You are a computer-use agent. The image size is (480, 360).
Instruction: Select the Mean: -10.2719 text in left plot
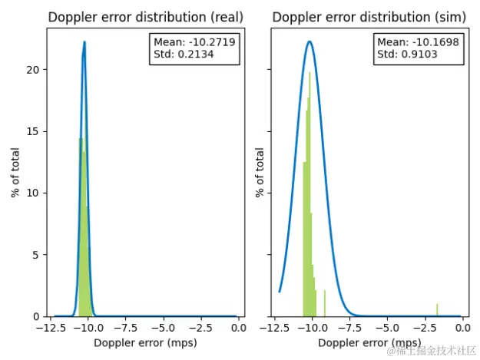pos(194,42)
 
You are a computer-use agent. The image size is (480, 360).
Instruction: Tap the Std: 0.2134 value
pos(184,54)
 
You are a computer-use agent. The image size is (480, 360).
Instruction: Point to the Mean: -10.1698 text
pos(418,42)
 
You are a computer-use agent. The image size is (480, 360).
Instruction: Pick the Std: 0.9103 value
pos(408,54)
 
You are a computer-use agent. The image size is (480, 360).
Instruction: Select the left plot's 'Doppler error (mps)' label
pos(144,342)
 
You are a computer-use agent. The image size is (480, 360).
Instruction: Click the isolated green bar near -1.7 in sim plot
pos(437,310)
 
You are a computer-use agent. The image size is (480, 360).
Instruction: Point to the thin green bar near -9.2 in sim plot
pos(325,303)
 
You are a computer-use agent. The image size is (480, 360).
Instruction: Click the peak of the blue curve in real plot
pos(84,42)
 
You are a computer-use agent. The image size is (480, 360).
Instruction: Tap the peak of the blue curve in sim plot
pos(309,42)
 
